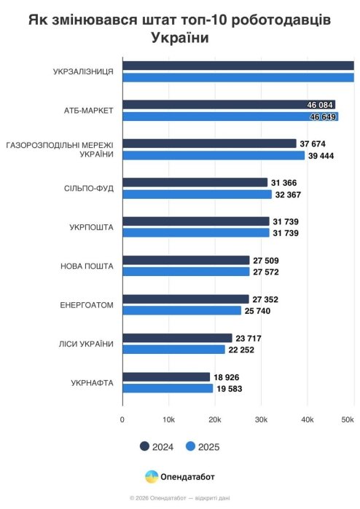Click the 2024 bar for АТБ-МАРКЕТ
(229, 105)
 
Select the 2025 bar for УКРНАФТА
(168, 388)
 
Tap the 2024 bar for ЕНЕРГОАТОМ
(186, 299)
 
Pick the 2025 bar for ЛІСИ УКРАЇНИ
(174, 350)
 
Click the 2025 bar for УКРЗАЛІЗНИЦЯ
(238, 78)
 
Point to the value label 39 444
(321, 156)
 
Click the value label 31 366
(284, 183)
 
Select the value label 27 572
(266, 272)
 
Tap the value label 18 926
(227, 377)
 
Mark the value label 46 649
(323, 117)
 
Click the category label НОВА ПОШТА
(87, 267)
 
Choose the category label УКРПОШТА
(91, 227)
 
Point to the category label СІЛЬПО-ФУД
(89, 189)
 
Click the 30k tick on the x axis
(261, 419)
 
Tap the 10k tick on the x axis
(168, 419)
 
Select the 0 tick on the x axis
(122, 419)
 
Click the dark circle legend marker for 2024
(144, 446)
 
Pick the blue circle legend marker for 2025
(190, 446)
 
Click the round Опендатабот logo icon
(152, 476)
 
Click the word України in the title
(180, 38)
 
